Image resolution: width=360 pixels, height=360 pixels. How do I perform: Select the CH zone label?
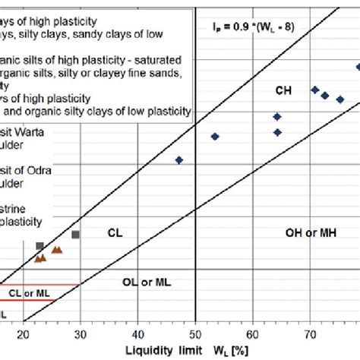tap(283, 91)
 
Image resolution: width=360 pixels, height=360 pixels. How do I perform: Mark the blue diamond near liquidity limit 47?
tap(179, 160)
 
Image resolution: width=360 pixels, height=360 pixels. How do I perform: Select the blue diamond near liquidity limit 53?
tap(215, 137)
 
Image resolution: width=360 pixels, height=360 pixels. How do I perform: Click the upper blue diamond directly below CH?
tap(277, 116)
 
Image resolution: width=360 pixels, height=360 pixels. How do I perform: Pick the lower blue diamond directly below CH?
tap(277, 132)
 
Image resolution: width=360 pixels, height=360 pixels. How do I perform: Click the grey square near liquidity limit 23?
tap(39, 246)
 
